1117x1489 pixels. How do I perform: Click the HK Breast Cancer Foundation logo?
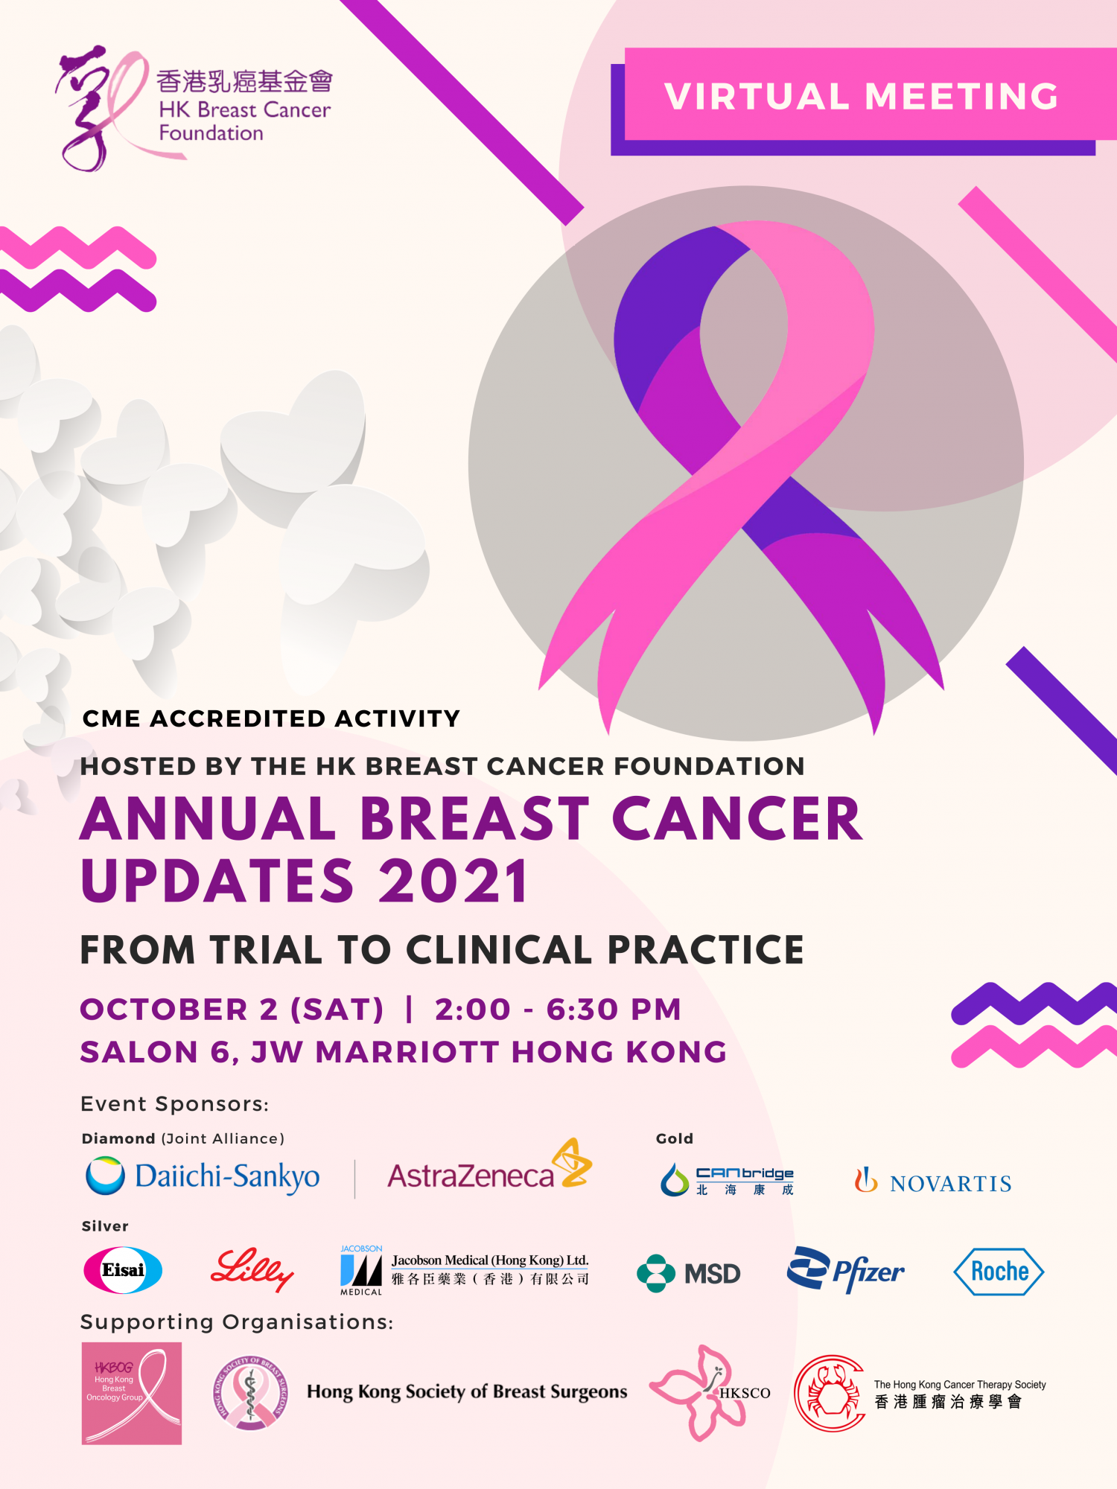click(194, 108)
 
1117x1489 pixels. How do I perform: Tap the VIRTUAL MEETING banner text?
click(862, 96)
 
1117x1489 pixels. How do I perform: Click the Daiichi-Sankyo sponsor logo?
click(203, 1176)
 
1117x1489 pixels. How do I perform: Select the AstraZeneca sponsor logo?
click(489, 1167)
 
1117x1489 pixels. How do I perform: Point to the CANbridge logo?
click(727, 1180)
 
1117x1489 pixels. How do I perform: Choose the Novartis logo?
click(933, 1182)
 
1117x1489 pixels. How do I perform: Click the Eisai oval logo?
click(123, 1270)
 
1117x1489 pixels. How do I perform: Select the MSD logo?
click(689, 1273)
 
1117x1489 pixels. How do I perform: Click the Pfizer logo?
click(846, 1270)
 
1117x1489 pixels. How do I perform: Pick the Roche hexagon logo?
click(999, 1272)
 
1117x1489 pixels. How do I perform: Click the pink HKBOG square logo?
click(132, 1393)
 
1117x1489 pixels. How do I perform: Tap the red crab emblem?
click(830, 1393)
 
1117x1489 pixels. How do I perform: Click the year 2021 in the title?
click(454, 881)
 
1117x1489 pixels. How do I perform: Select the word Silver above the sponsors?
click(105, 1226)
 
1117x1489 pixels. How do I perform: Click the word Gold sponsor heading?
click(675, 1138)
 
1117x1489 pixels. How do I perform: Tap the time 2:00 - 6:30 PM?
click(558, 1010)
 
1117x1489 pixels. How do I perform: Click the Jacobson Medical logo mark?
click(361, 1270)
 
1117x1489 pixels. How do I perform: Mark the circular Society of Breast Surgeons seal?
click(251, 1392)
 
